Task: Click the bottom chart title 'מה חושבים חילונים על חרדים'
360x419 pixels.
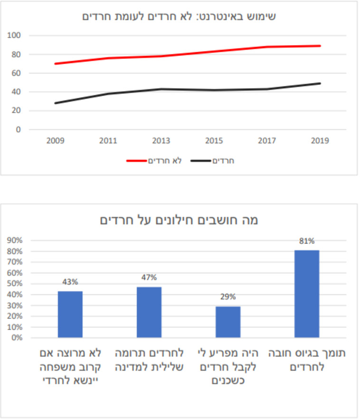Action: pos(179,220)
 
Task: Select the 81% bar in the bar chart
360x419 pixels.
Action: pos(307,294)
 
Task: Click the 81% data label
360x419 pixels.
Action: pos(307,241)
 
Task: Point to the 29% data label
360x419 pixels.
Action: pos(228,297)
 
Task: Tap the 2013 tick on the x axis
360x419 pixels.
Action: pos(161,141)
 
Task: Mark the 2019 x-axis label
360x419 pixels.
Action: pos(319,141)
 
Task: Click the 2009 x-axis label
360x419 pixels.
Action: pos(56,141)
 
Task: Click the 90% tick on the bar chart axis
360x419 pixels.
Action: pos(15,241)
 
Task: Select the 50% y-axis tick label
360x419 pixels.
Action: pos(15,284)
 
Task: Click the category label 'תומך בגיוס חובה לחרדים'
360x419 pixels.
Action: pos(307,361)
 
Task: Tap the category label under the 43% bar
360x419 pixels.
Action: pos(70,367)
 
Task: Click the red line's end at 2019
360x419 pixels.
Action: pos(320,46)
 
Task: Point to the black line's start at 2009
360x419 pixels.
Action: pos(56,103)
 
